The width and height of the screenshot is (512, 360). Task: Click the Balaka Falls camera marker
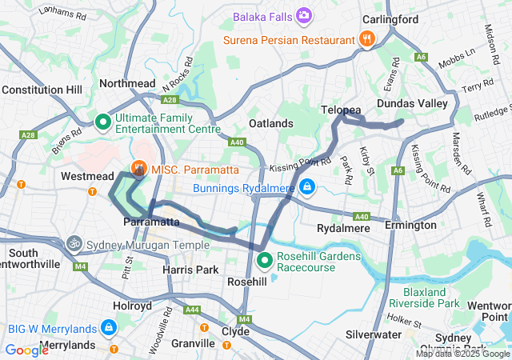(304, 15)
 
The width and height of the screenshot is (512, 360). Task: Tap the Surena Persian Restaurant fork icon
(366, 38)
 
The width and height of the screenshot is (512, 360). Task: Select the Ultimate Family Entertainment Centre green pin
(103, 122)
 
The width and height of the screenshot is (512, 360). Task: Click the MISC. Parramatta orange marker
(138, 167)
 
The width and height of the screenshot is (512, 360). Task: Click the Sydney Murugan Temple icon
(74, 242)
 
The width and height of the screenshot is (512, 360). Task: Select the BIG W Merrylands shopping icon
(106, 327)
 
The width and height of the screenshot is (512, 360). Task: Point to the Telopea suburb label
(342, 109)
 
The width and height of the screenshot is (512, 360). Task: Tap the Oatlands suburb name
(270, 123)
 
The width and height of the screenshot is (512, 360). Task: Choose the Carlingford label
(390, 18)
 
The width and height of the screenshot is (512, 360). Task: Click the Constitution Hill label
(42, 90)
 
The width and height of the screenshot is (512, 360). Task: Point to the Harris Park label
(190, 270)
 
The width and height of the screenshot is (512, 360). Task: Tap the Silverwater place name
(374, 334)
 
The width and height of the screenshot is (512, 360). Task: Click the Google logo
(26, 350)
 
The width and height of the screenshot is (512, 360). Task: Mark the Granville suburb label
(193, 343)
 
